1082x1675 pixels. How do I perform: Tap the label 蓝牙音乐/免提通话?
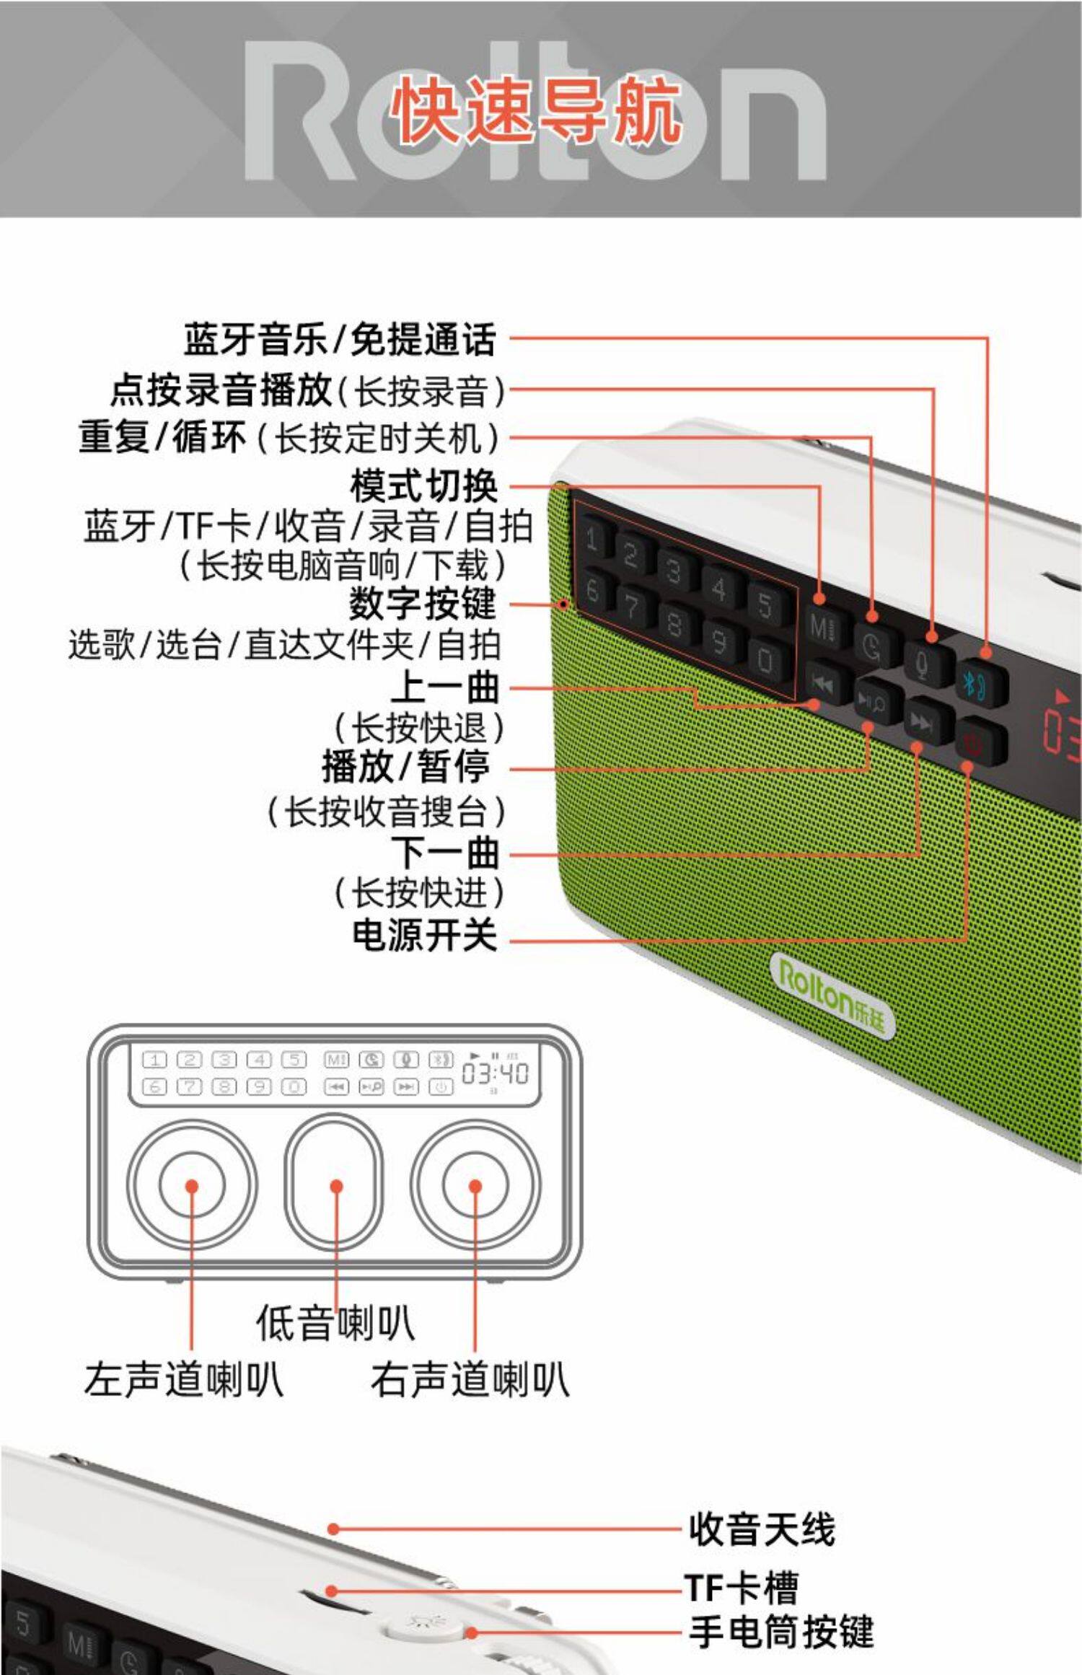tap(340, 339)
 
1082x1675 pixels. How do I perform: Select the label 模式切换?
tap(424, 485)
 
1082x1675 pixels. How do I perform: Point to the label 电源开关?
tap(425, 935)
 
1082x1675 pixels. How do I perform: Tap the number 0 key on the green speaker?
tap(765, 659)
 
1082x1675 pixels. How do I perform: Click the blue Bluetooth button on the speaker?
tap(982, 682)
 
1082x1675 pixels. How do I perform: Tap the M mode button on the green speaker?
tap(822, 626)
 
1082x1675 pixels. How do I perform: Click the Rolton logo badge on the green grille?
tap(832, 995)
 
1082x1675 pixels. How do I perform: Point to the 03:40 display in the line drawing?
tap(495, 1074)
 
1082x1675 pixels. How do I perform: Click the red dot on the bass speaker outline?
tap(336, 1186)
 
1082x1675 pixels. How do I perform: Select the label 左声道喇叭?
tap(184, 1379)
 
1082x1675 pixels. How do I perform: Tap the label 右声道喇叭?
tap(470, 1379)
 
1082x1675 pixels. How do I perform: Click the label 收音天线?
tap(762, 1529)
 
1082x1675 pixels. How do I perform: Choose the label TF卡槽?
tap(742, 1588)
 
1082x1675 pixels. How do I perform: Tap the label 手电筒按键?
tap(781, 1632)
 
